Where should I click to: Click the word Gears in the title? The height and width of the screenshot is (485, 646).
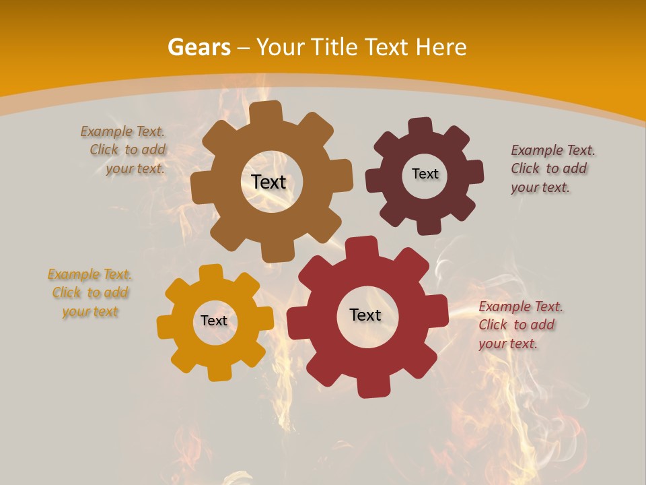click(199, 47)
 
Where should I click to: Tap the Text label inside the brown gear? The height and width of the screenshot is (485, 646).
click(268, 182)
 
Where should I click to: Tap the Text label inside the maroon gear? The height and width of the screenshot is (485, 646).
click(425, 174)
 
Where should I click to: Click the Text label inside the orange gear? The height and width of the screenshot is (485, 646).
click(214, 321)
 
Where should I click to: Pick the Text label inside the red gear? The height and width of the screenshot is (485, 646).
click(365, 315)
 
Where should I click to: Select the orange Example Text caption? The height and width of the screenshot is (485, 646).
click(90, 293)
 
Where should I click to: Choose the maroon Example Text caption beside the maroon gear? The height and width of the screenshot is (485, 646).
click(552, 168)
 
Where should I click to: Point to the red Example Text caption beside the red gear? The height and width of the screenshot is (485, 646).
click(519, 325)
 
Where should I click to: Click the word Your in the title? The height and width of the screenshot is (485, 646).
click(282, 47)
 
